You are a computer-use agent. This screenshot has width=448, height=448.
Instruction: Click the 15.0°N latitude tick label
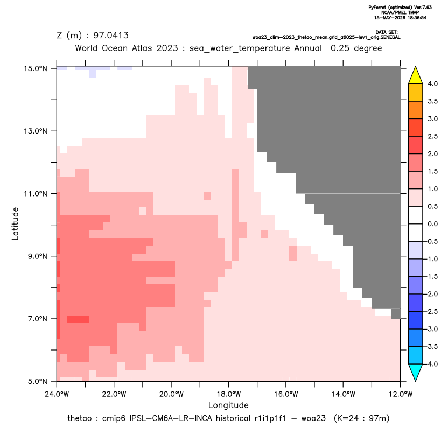[36, 68]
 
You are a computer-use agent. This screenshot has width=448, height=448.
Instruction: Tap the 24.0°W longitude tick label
[57, 394]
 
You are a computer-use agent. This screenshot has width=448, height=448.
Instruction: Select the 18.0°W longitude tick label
[228, 394]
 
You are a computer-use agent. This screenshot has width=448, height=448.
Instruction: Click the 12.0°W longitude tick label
[400, 394]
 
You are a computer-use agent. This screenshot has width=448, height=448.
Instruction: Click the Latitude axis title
[15, 223]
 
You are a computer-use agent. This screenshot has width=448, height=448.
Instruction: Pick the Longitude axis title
[228, 405]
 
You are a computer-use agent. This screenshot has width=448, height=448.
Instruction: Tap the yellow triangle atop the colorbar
[416, 75]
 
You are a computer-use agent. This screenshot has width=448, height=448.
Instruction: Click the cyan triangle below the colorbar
[416, 373]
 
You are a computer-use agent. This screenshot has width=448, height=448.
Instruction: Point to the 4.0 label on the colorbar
[432, 83]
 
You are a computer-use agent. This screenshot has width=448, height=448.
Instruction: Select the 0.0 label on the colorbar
[432, 224]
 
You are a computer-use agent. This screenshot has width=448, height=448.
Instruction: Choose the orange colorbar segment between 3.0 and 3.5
[416, 110]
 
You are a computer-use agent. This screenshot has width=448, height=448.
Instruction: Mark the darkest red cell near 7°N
[78, 319]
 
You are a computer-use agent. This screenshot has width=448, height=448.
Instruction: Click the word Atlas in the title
[142, 48]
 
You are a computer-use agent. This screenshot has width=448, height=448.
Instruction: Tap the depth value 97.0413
[111, 36]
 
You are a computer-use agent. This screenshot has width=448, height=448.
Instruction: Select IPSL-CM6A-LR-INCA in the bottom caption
[171, 418]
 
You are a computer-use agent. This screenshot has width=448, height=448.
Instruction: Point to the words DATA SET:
[387, 32]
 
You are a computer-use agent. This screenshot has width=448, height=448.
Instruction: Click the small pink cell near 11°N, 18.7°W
[207, 195]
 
